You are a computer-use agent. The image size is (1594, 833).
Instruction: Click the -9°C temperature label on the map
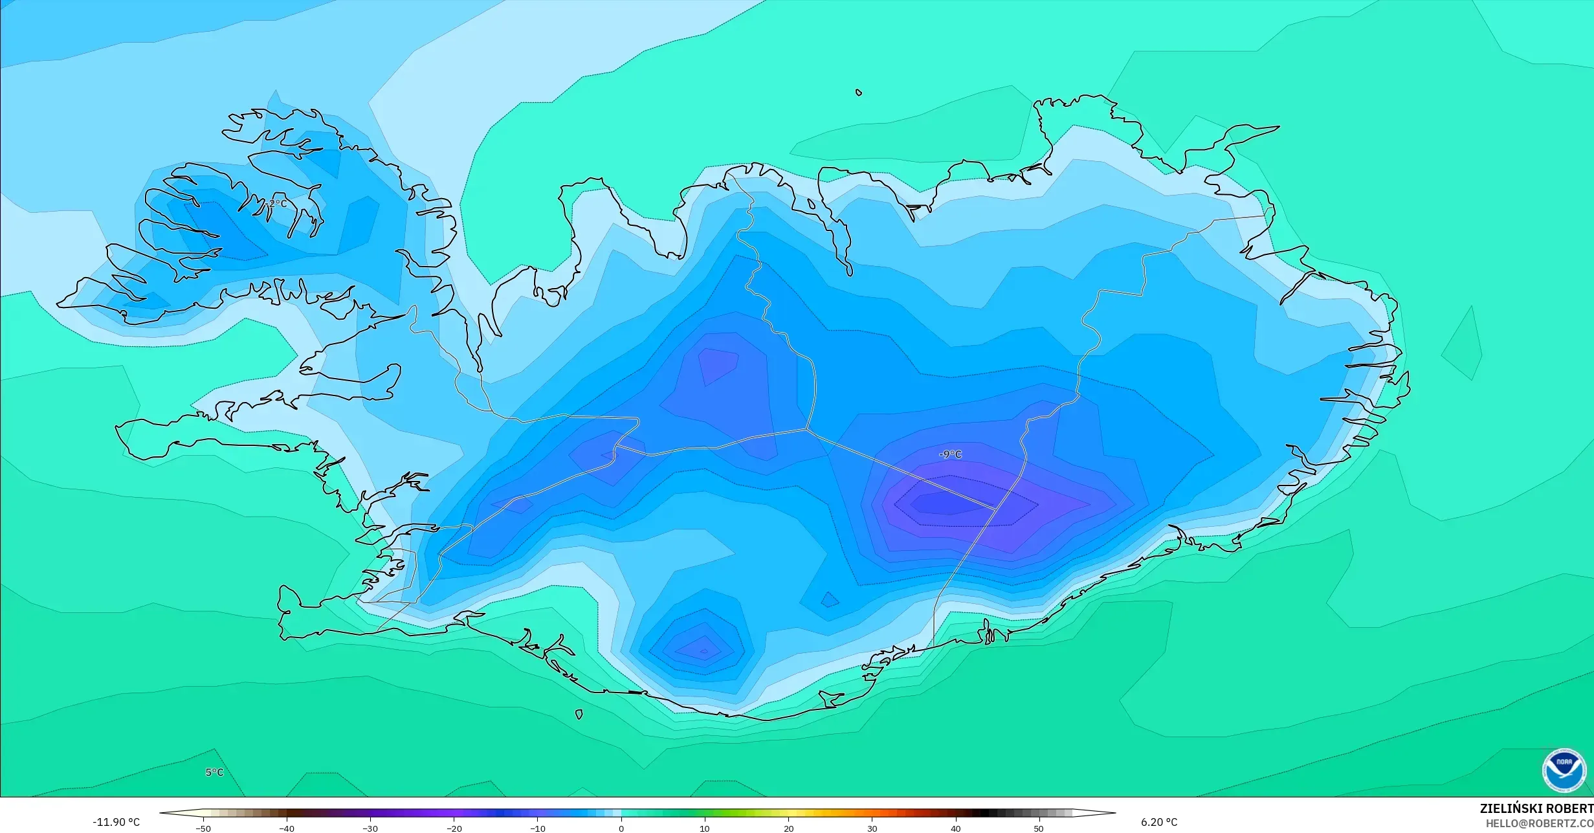click(950, 454)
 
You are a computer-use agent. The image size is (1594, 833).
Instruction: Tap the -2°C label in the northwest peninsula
click(276, 203)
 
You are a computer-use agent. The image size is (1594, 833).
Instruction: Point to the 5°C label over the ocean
click(214, 772)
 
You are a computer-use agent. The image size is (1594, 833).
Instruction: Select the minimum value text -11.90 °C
click(116, 823)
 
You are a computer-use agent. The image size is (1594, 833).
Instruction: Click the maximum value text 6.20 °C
click(1159, 822)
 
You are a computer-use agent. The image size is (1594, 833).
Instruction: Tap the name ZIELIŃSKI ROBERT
click(1536, 808)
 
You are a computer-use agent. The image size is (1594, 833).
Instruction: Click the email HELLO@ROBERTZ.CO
click(1539, 823)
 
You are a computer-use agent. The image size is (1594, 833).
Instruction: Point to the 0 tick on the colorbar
click(621, 828)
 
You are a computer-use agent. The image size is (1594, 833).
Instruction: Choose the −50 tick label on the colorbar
click(203, 828)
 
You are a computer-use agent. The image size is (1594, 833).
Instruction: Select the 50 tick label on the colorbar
click(1039, 828)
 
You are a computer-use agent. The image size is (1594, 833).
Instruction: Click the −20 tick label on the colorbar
click(454, 828)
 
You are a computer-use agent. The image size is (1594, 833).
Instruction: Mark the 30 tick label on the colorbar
click(872, 828)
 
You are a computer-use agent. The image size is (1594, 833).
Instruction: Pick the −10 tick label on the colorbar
click(537, 828)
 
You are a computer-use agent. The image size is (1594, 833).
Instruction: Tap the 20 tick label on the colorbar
click(788, 828)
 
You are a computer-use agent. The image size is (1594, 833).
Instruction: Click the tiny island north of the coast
click(859, 93)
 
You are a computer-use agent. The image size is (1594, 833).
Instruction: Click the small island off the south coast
click(579, 715)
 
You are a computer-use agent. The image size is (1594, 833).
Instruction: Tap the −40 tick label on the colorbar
click(286, 828)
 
